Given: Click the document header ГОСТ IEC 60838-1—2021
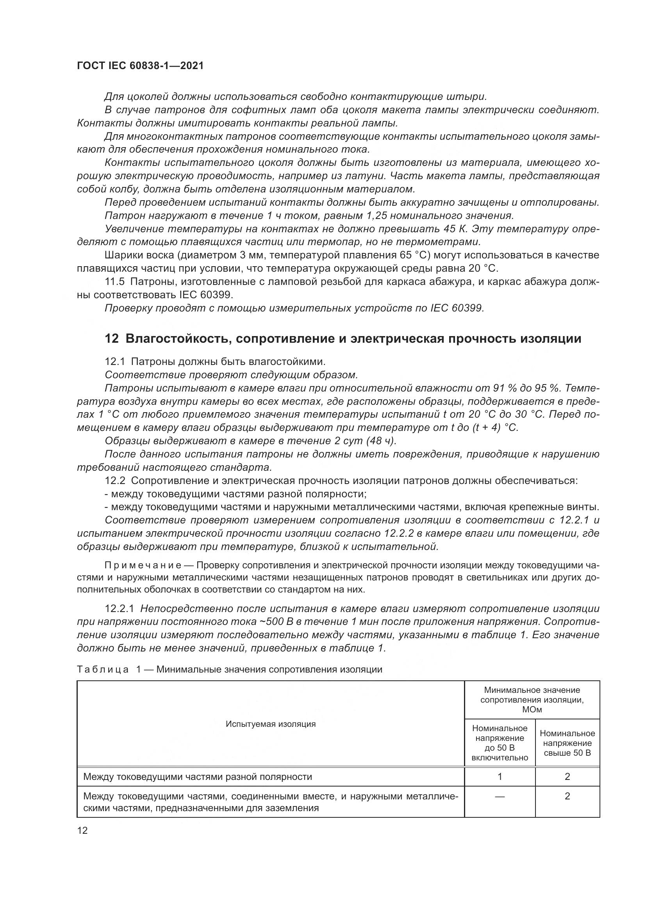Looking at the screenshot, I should [x=141, y=66].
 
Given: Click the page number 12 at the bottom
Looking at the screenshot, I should [x=82, y=830].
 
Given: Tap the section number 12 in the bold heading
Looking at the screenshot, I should [x=112, y=339].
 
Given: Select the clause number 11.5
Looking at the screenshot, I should [x=114, y=282].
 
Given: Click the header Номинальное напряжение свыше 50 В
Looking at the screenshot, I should [x=567, y=743].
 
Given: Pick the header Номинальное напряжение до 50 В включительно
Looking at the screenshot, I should [x=500, y=743].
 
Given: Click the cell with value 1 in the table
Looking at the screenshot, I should [x=500, y=776].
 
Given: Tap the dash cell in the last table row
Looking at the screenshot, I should [x=500, y=796].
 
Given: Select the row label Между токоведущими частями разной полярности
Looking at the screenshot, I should [x=198, y=777].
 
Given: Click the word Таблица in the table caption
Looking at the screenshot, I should [x=103, y=669].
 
